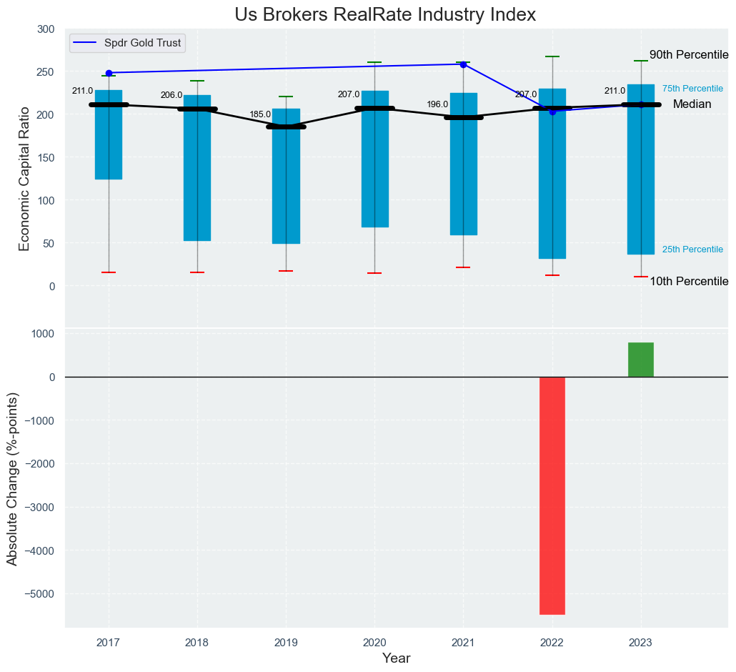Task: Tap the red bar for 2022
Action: (552, 495)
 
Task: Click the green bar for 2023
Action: (641, 360)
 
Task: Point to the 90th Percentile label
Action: (689, 55)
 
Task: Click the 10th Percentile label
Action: (689, 282)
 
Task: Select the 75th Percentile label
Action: (692, 89)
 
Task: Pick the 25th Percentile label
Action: (692, 249)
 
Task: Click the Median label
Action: (692, 104)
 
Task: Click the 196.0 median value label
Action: (437, 104)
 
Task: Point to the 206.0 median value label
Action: (171, 95)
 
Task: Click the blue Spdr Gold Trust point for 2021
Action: (463, 64)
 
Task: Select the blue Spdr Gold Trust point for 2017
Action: (109, 73)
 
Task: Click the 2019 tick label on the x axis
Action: (286, 642)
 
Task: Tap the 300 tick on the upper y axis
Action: (46, 29)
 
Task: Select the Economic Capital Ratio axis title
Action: (25, 179)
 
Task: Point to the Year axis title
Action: (396, 658)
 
